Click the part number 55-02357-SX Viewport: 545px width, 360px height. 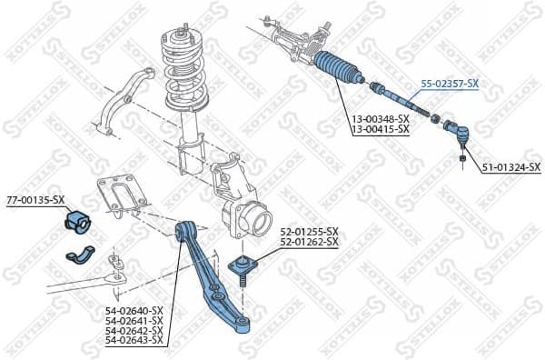[449, 83]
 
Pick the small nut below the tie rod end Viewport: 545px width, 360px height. [463, 161]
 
